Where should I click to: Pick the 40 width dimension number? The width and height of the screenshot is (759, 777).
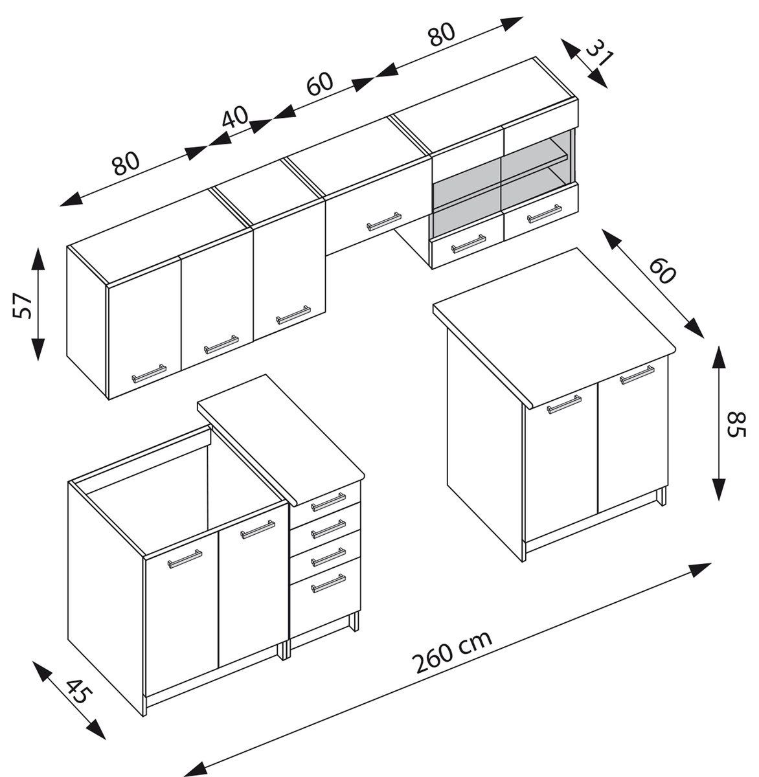coord(235,118)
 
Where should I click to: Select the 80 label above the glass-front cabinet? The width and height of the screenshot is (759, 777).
coord(442,34)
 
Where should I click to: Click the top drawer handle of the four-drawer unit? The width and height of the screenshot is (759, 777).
coord(328,501)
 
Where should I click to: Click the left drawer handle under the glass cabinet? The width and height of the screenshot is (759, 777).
coord(468,243)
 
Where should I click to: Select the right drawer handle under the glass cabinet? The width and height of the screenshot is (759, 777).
coord(544,214)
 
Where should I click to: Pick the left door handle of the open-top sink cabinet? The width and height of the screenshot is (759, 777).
coord(185,559)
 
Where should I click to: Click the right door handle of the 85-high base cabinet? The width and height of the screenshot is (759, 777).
coord(637,375)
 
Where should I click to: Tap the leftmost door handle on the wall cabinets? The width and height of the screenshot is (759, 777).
coord(149,374)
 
